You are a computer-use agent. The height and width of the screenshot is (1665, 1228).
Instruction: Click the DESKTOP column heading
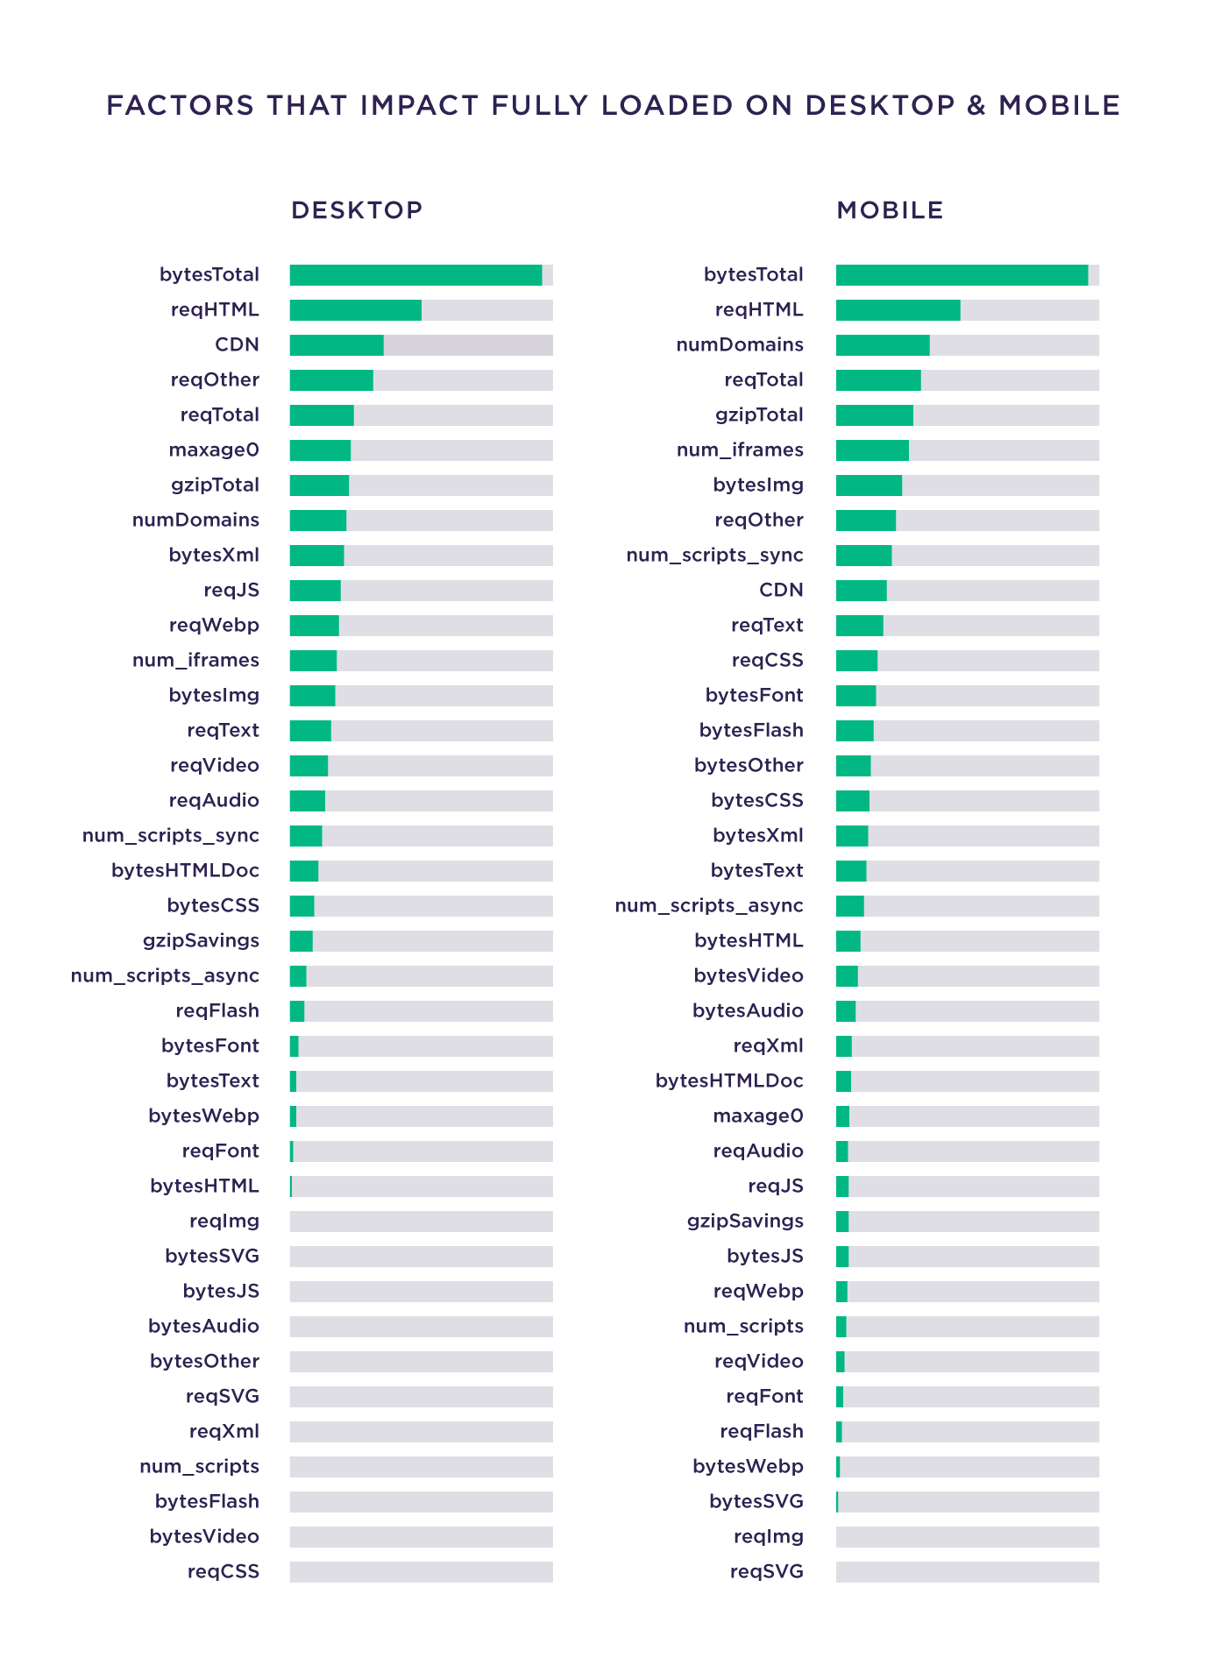pyautogui.click(x=357, y=210)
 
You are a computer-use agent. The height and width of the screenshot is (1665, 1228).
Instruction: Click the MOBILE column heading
pyautogui.click(x=890, y=210)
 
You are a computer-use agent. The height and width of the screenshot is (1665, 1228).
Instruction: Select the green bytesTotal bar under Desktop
pyautogui.click(x=415, y=275)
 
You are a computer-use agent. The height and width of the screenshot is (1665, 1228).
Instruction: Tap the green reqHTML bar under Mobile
pyautogui.click(x=898, y=310)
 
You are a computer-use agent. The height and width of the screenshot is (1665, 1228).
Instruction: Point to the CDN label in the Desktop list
pyautogui.click(x=237, y=344)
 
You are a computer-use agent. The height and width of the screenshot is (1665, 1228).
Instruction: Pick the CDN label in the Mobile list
pyautogui.click(x=781, y=590)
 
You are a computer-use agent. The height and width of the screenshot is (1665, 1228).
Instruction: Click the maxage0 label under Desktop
pyautogui.click(x=214, y=450)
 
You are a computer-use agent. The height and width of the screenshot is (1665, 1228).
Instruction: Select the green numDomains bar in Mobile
pyautogui.click(x=883, y=345)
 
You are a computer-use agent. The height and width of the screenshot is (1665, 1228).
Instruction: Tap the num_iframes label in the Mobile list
pyautogui.click(x=740, y=450)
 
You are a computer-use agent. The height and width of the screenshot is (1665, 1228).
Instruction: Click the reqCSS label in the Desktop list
pyautogui.click(x=224, y=1571)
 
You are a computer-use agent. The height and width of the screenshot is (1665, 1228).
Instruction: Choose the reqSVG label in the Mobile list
pyautogui.click(x=766, y=1571)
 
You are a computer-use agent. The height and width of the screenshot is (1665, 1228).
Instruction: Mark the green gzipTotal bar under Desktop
pyautogui.click(x=319, y=485)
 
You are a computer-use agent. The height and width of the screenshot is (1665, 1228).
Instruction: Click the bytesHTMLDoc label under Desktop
pyautogui.click(x=185, y=870)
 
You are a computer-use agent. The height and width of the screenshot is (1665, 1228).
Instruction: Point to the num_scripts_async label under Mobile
pyautogui.click(x=709, y=905)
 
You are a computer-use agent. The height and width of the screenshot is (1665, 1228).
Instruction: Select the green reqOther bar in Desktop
pyautogui.click(x=330, y=380)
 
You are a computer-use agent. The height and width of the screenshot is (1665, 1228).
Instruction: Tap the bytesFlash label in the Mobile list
pyautogui.click(x=751, y=730)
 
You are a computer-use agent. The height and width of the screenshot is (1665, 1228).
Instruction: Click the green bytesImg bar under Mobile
pyautogui.click(x=869, y=485)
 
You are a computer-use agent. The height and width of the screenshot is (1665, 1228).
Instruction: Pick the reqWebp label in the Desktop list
pyautogui.click(x=214, y=625)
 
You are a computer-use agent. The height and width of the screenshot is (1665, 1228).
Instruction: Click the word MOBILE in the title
pyautogui.click(x=1060, y=105)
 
